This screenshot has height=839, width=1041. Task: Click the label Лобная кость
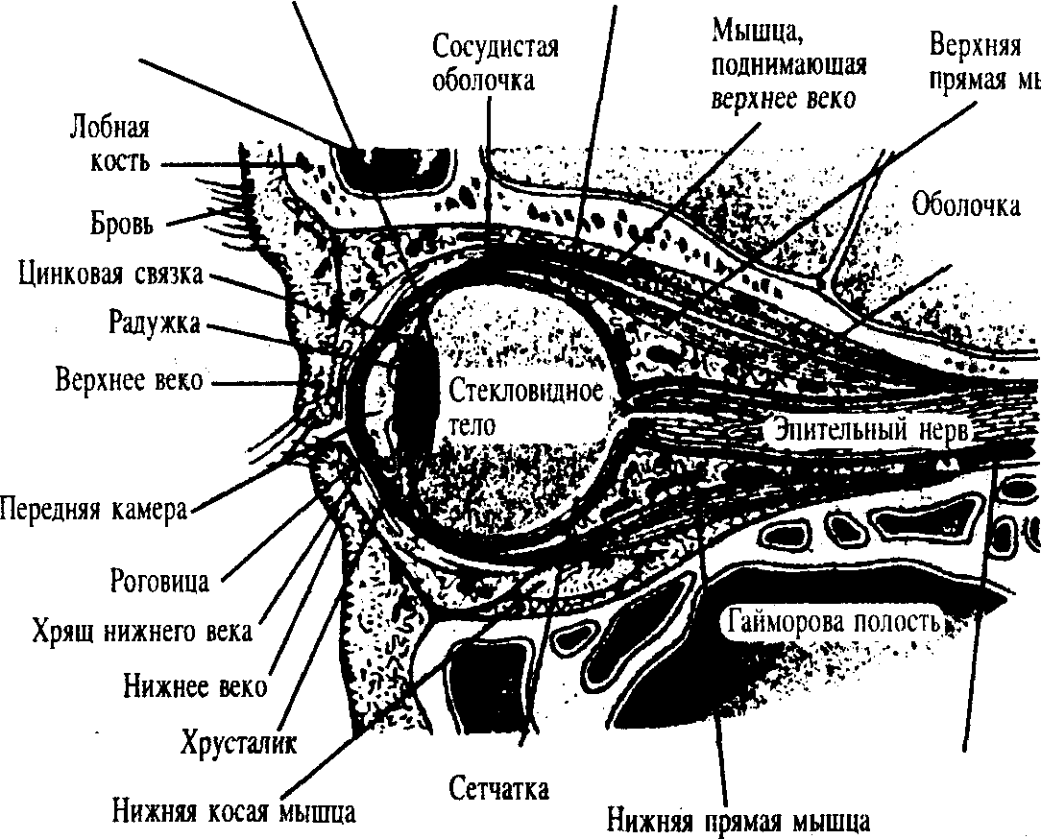pos(110,143)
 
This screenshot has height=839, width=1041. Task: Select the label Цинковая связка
pos(110,275)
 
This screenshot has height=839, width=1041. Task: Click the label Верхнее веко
pos(129,380)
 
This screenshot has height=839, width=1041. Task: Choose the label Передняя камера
pos(93,509)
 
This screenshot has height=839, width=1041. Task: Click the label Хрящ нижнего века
pos(141,633)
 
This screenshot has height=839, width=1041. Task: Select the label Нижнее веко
pos(195,687)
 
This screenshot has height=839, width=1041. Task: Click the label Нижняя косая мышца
pos(233,811)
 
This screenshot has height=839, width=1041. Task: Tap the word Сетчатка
pos(499,789)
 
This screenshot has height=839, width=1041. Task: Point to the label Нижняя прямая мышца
pos(738,822)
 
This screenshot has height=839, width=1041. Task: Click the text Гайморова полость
pos(833,620)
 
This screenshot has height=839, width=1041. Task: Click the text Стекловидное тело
pos(523,407)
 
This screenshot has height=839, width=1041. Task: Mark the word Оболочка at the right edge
pos(965,205)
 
